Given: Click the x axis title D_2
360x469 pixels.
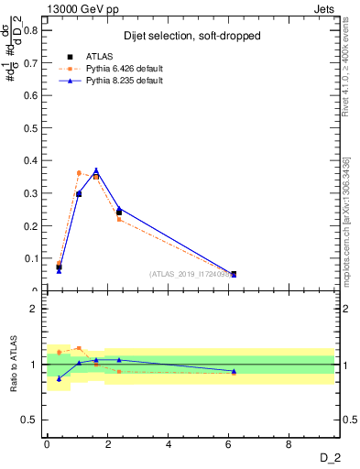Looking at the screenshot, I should click(333, 457).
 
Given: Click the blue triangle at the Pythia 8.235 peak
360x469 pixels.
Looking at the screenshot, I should click(96, 170).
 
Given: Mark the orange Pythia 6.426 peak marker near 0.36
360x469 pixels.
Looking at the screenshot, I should click(79, 172).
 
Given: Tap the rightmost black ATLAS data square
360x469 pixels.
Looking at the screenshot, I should click(234, 274).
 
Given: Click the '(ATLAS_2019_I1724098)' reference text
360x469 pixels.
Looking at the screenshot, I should click(191, 274).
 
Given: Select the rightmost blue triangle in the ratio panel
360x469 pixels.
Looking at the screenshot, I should click(234, 371).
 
